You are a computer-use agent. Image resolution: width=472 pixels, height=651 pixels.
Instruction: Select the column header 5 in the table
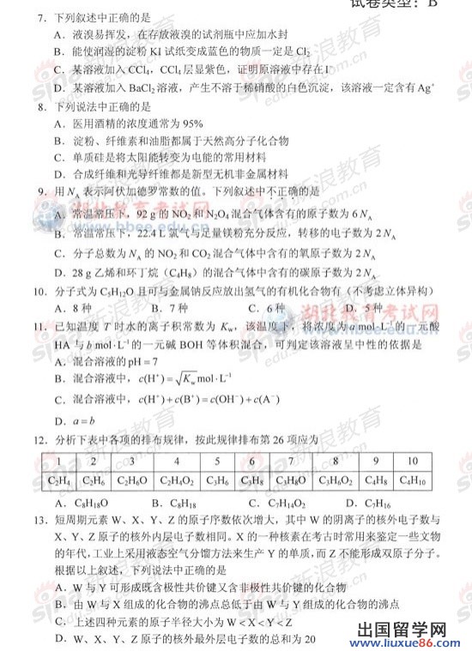212,461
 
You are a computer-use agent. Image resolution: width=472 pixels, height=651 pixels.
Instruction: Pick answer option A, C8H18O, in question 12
76,503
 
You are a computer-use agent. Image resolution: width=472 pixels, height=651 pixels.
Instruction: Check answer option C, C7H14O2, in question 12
273,503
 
